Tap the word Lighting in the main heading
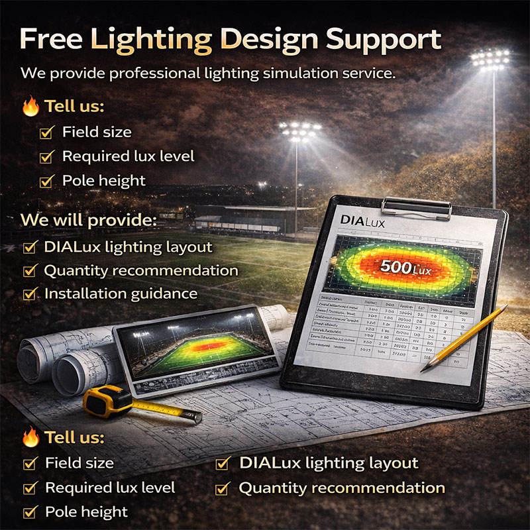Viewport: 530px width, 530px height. point(151,40)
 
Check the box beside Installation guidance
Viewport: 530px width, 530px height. point(30,294)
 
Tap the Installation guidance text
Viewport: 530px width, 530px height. point(121,293)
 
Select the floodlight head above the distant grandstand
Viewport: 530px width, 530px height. point(299,130)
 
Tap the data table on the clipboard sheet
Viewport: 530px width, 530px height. point(391,328)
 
